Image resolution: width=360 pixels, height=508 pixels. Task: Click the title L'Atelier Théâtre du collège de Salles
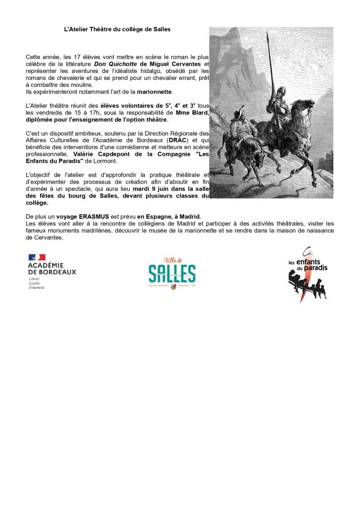117,29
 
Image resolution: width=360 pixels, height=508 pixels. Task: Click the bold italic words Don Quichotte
116,64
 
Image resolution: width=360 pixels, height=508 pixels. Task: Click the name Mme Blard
192,113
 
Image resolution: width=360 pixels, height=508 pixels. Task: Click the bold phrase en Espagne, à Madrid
169,217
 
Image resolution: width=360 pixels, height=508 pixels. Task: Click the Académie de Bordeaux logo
52,271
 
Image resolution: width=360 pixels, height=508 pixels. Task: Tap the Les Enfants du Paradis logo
307,274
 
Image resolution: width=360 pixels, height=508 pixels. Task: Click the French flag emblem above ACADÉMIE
37,257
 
